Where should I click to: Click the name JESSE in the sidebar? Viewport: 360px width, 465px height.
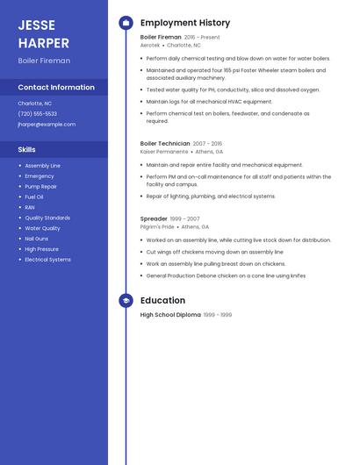click(36, 25)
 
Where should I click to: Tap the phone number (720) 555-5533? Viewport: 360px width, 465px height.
click(37, 114)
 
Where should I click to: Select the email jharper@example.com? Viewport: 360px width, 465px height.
click(47, 125)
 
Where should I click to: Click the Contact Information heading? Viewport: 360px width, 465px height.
click(56, 88)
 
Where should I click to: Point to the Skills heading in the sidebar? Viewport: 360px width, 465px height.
click(26, 149)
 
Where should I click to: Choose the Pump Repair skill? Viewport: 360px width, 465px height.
click(41, 186)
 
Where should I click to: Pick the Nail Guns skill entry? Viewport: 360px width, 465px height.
click(37, 239)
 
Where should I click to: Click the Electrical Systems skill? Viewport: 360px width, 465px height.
click(47, 260)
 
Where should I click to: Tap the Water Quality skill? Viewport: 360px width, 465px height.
click(42, 228)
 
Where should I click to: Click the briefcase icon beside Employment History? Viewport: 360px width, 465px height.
click(126, 23)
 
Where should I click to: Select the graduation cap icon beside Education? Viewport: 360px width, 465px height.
click(126, 301)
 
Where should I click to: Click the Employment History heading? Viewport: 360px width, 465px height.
click(185, 23)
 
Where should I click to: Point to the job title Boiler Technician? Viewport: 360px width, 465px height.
click(165, 143)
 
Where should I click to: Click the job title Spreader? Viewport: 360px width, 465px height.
click(154, 218)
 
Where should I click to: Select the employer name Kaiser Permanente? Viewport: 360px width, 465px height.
click(164, 151)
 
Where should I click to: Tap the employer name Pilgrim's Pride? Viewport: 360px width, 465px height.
click(157, 226)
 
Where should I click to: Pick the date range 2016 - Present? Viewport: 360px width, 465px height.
click(202, 38)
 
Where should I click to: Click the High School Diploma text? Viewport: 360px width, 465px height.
click(170, 315)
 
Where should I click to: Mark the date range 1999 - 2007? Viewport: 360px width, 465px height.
click(185, 218)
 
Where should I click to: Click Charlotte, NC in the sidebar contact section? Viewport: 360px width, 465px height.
click(34, 104)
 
